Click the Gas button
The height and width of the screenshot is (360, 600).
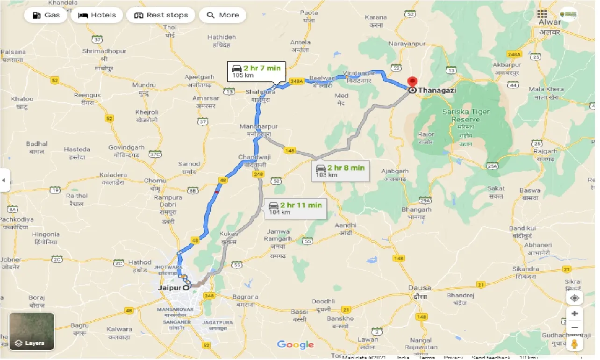47,15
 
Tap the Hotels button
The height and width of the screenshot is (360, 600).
97,15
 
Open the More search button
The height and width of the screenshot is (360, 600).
223,15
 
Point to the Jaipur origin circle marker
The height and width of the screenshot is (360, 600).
186,288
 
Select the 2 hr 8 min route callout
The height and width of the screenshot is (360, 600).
340,171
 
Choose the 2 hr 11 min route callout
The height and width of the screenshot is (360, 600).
294,208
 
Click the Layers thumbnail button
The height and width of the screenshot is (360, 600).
32,331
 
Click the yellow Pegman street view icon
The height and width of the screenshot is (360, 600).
575,344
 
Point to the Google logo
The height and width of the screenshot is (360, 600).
295,345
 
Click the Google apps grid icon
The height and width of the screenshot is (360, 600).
542,14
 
